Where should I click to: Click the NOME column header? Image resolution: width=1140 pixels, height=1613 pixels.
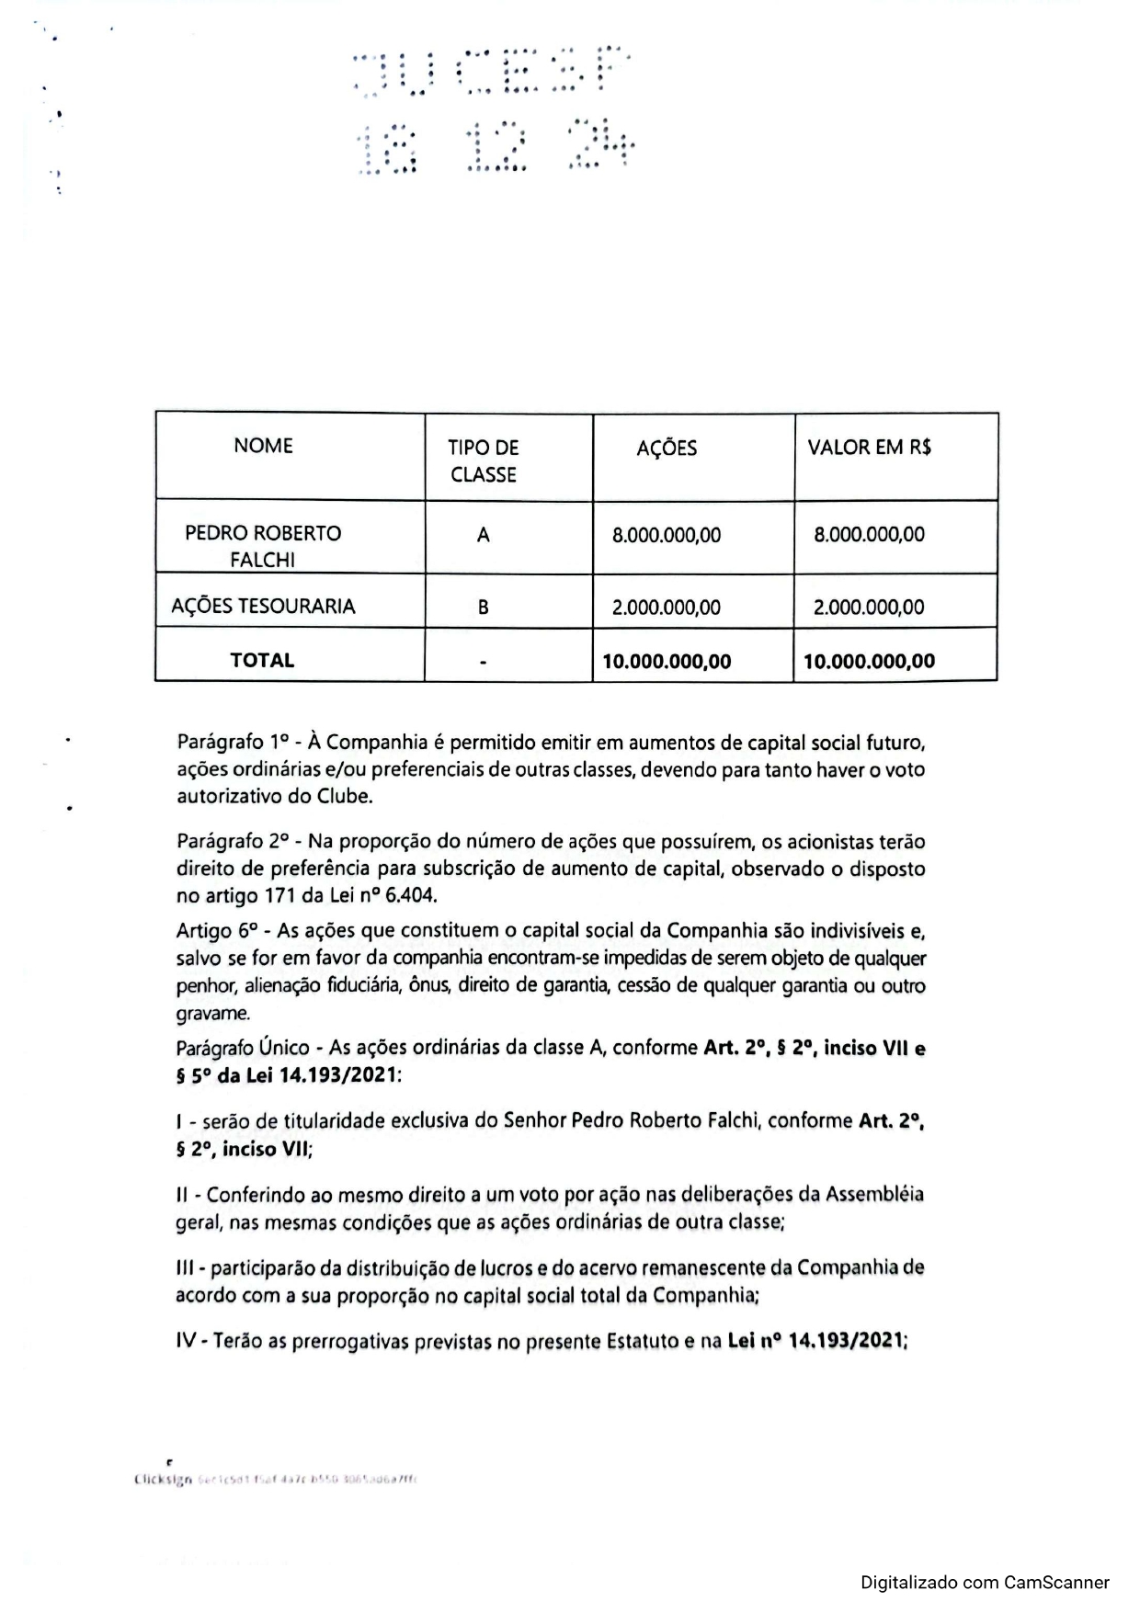(263, 446)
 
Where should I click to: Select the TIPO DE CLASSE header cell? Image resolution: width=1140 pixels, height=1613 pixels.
(483, 460)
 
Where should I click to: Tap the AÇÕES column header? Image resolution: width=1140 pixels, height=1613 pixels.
(667, 448)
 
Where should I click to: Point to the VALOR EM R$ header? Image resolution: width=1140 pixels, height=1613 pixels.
(869, 448)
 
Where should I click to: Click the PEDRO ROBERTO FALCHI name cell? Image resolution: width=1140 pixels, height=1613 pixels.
(263, 546)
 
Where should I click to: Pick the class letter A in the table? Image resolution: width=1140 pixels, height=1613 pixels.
(483, 535)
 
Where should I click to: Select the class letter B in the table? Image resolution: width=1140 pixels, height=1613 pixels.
(483, 608)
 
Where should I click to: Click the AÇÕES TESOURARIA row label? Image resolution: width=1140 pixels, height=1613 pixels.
(263, 607)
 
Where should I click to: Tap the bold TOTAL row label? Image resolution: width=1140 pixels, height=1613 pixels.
(262, 660)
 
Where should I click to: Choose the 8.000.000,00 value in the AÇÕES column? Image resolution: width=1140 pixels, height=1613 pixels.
(667, 535)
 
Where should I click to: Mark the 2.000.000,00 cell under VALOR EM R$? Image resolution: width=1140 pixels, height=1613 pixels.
(869, 608)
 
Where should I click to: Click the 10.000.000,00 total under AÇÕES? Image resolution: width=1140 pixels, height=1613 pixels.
(667, 661)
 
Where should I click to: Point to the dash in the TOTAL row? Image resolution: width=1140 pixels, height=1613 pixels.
(483, 661)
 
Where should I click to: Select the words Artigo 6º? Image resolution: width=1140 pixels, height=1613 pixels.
(216, 930)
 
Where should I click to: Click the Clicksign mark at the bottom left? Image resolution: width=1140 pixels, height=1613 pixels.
(163, 1480)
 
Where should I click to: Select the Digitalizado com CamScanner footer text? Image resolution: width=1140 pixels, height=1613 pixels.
(985, 1583)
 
